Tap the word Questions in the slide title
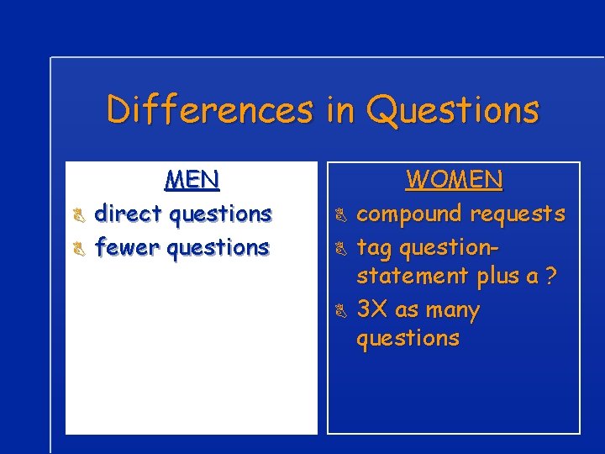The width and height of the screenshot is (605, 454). (x=453, y=110)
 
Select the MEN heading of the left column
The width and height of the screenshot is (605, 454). (x=192, y=180)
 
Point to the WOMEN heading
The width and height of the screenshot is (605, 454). (x=454, y=180)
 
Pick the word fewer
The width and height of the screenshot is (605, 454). (x=128, y=248)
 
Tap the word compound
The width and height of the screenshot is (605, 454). (x=409, y=214)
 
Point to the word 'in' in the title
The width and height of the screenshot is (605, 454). (x=339, y=110)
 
